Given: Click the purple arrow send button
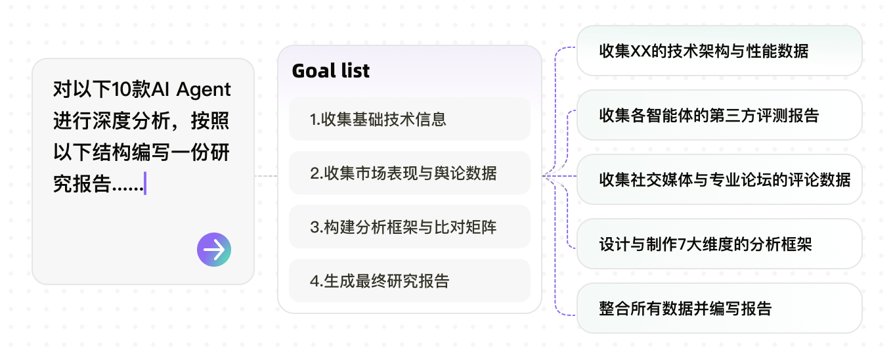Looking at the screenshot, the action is (x=214, y=250).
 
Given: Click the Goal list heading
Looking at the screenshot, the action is (x=330, y=71).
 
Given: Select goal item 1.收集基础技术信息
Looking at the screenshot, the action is (x=410, y=119).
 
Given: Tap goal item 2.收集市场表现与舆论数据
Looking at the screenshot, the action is (x=410, y=173).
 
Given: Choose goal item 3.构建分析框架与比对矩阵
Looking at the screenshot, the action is (x=410, y=227).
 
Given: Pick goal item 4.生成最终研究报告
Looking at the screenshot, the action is (x=410, y=281).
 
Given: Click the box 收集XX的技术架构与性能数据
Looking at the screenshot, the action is (x=720, y=51).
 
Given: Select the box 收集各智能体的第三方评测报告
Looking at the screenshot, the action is (x=720, y=115).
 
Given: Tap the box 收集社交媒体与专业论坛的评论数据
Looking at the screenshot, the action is (x=720, y=179).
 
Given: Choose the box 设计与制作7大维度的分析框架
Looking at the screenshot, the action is (x=720, y=244).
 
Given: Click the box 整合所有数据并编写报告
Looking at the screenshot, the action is (x=720, y=308).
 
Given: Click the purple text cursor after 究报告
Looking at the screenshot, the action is (x=145, y=183).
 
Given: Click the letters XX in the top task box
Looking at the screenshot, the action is (x=641, y=51).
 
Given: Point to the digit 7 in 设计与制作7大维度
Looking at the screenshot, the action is (x=682, y=244).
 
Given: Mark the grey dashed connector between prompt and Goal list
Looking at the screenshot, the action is (x=266, y=176).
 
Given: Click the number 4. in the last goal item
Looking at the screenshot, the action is (x=316, y=281).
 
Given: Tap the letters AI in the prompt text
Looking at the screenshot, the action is (x=160, y=89).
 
